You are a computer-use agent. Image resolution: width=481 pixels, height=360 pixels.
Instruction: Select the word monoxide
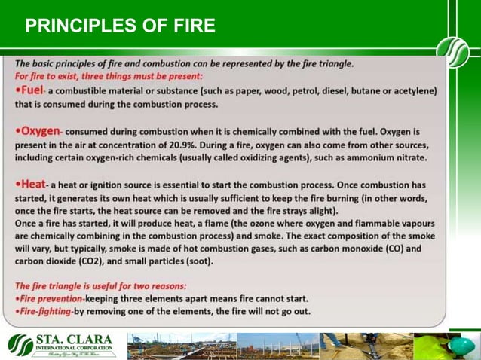(x=369, y=249)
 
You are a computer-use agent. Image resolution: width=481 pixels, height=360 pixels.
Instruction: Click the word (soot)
(x=197, y=262)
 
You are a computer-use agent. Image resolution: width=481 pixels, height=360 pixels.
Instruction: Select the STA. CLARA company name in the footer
(x=75, y=340)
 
